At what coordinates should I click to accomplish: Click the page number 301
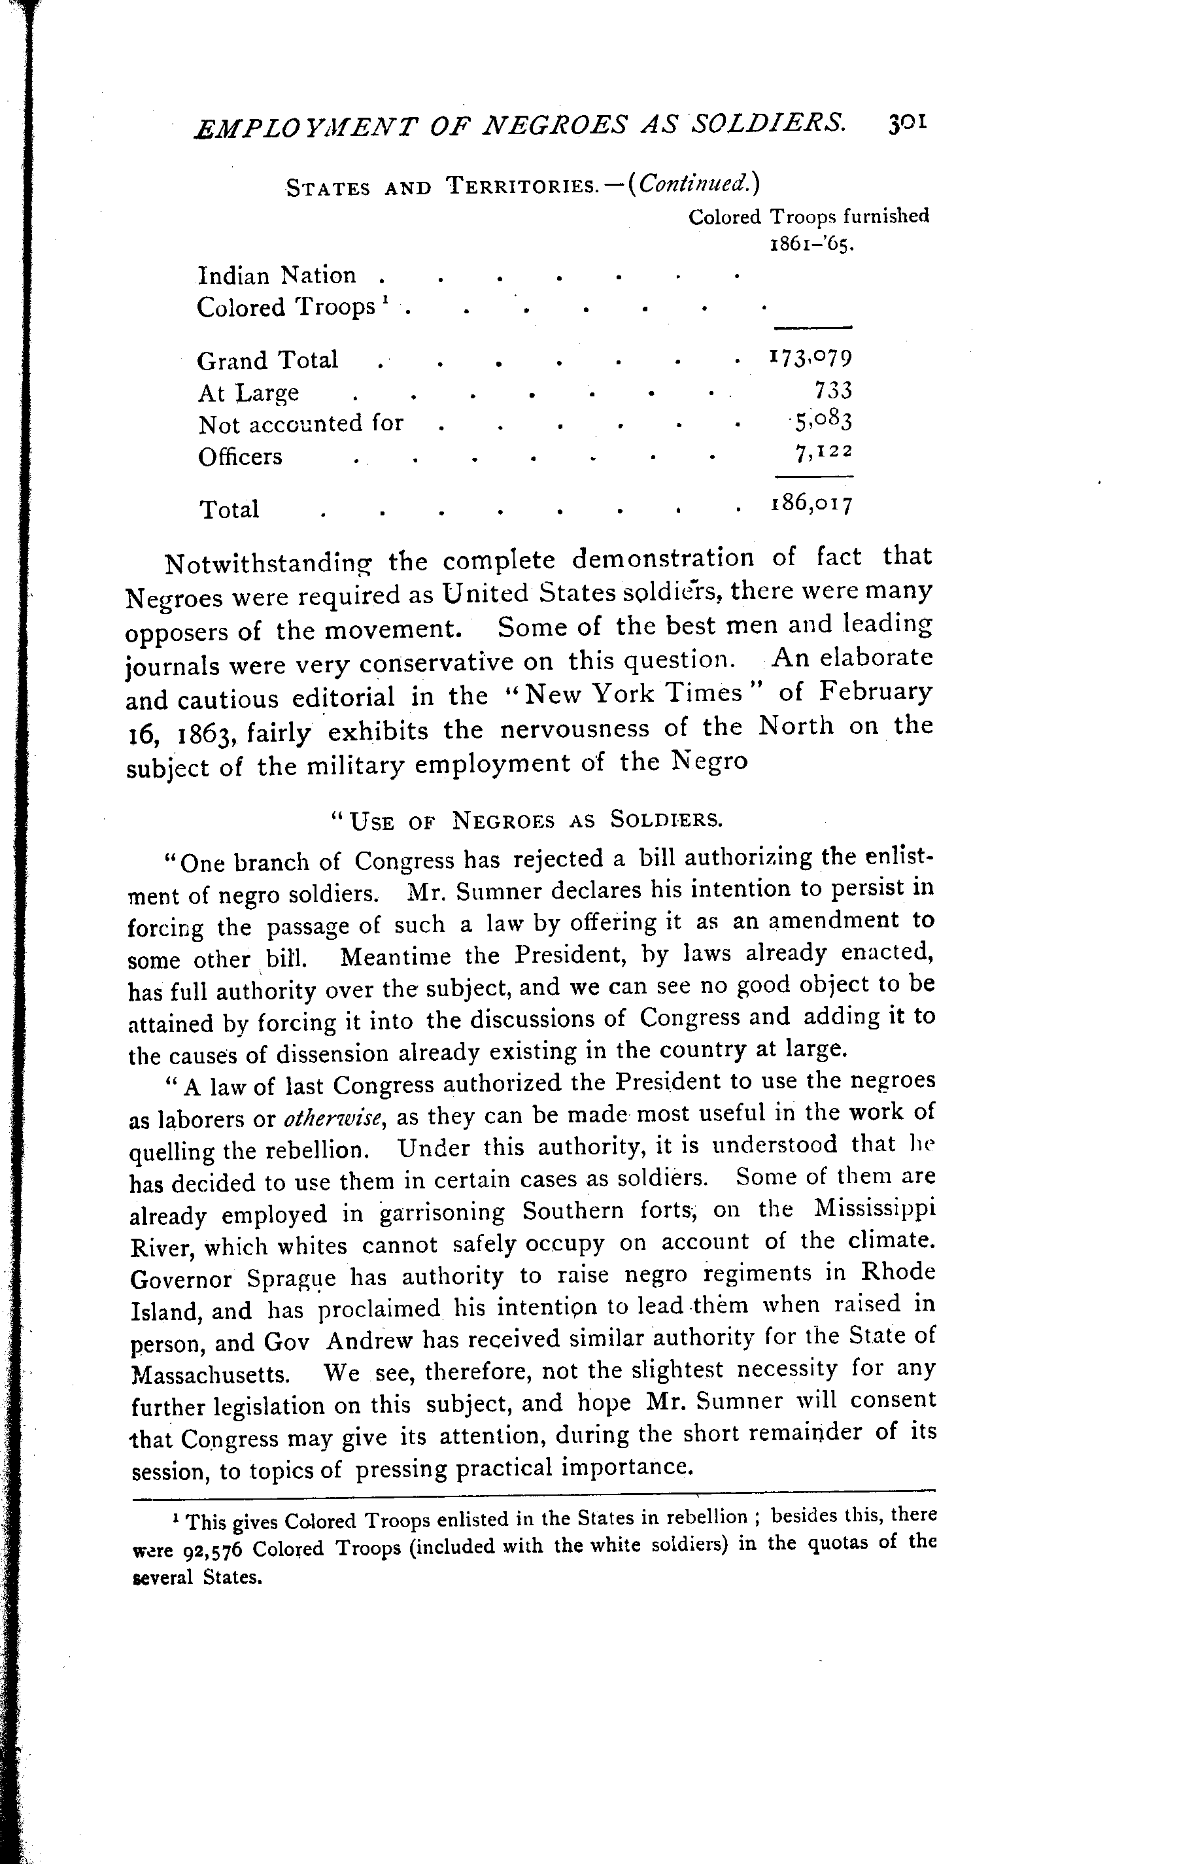[908, 123]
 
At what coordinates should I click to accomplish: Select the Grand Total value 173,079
[811, 358]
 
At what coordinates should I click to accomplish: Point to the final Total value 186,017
[811, 505]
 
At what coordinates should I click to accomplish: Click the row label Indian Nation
[277, 275]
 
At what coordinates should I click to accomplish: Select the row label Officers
[240, 457]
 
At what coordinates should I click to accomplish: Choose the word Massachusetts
[211, 1375]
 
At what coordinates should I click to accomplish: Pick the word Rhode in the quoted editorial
[898, 1273]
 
